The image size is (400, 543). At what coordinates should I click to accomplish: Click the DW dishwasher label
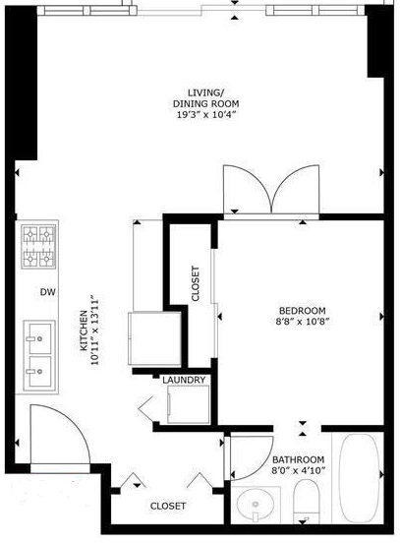pyautogui.click(x=48, y=292)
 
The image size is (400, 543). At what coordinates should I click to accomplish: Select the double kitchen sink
pyautogui.click(x=39, y=356)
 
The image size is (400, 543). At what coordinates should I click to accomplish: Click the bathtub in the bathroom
pyautogui.click(x=360, y=477)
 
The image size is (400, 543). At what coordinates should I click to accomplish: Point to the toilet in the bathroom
pyautogui.click(x=306, y=501)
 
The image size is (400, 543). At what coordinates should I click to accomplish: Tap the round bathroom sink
pyautogui.click(x=257, y=504)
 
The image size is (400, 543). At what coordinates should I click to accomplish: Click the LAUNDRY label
pyautogui.click(x=184, y=380)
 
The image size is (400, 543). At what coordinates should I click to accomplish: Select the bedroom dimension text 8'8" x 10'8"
pyautogui.click(x=302, y=322)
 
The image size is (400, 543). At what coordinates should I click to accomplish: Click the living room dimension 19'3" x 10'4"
pyautogui.click(x=206, y=115)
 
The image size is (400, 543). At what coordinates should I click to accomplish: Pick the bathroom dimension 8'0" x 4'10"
pyautogui.click(x=299, y=471)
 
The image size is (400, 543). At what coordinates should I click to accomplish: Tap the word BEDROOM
pyautogui.click(x=303, y=311)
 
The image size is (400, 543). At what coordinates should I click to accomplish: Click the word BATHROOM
pyautogui.click(x=299, y=460)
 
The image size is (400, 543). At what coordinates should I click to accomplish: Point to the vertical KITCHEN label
pyautogui.click(x=84, y=330)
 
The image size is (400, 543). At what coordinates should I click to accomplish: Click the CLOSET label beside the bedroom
pyautogui.click(x=196, y=283)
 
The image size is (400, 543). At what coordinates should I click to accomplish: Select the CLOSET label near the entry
pyautogui.click(x=168, y=506)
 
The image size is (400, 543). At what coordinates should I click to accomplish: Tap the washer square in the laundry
pyautogui.click(x=189, y=404)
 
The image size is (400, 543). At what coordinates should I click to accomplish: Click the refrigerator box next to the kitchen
pyautogui.click(x=154, y=338)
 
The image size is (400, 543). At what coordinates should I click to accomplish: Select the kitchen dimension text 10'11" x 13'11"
pyautogui.click(x=94, y=330)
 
